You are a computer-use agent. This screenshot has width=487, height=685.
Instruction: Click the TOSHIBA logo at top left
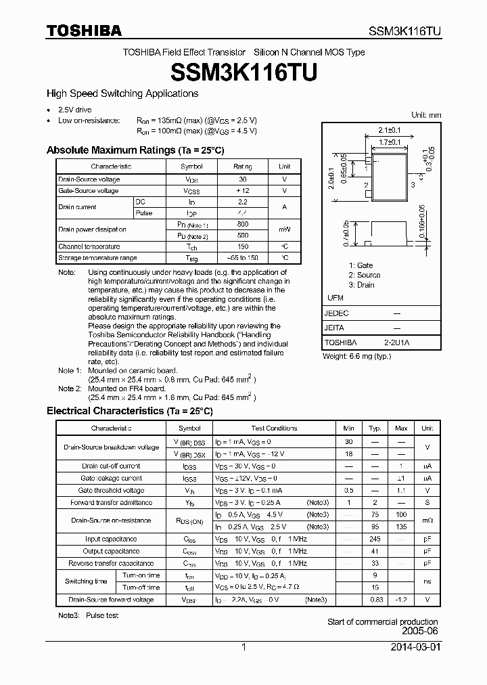84,30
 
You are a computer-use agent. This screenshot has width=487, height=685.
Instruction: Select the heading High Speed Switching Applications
122,93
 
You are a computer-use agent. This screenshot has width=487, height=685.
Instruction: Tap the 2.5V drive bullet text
74,110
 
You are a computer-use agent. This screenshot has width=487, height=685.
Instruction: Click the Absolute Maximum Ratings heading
135,150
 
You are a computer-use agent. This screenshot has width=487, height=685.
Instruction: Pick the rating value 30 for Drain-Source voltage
243,179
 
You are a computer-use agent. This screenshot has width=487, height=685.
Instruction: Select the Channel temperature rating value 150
243,246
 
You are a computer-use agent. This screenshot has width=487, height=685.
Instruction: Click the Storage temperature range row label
97,258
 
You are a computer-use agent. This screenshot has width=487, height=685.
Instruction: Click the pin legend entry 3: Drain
361,285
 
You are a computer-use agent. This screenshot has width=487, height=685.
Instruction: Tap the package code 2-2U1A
396,342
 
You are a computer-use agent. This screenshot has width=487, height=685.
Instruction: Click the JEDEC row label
337,313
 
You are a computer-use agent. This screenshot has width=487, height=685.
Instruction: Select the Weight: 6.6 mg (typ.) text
356,356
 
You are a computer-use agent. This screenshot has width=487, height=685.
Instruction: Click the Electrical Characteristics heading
129,411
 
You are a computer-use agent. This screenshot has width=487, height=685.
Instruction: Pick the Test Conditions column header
274,428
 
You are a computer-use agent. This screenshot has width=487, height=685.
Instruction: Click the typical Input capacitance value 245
375,539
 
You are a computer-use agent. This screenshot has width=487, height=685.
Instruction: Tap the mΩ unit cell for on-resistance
427,521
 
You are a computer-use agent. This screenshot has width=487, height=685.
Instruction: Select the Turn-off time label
141,587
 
